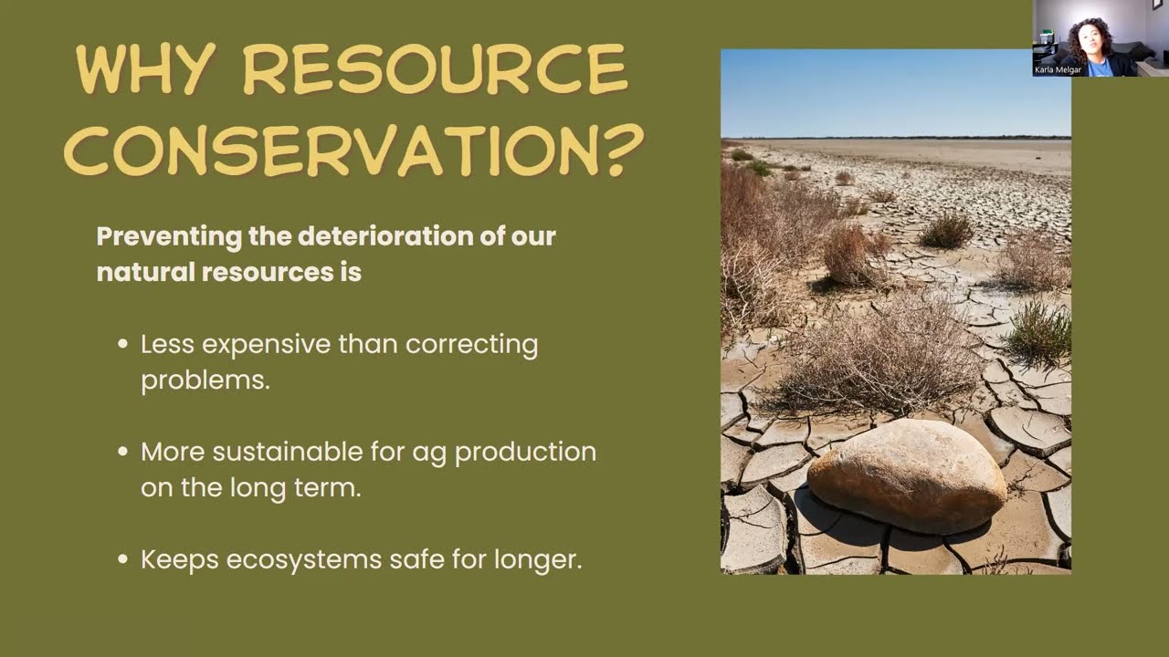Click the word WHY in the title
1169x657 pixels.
click(146, 68)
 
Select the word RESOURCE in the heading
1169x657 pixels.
click(436, 68)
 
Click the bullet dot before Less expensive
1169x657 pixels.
click(123, 344)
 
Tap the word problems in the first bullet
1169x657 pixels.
click(205, 381)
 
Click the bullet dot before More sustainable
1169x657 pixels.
click(123, 451)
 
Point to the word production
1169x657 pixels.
click(525, 453)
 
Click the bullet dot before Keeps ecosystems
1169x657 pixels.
click(123, 559)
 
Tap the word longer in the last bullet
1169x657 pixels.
click(538, 560)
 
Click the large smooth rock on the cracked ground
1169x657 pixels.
click(907, 475)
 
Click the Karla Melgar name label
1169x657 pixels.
click(1058, 70)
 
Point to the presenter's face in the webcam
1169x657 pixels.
click(1093, 42)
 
